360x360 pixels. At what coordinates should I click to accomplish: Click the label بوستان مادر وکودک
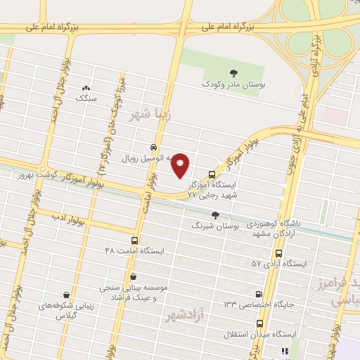(x=226, y=84)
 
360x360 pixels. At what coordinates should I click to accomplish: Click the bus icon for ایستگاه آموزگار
(x=212, y=174)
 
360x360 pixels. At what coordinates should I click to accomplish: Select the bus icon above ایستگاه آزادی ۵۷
(x=279, y=253)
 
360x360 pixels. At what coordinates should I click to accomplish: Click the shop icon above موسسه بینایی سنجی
(x=133, y=276)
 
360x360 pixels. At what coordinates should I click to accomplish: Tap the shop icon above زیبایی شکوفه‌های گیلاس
(x=67, y=295)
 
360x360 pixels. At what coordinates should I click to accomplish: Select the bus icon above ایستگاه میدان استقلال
(x=260, y=323)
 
